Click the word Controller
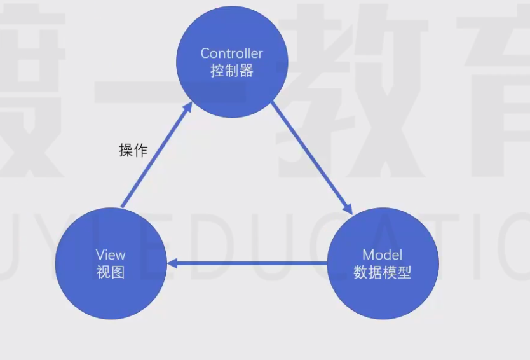(x=232, y=53)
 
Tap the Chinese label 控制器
(x=232, y=71)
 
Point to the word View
(x=111, y=254)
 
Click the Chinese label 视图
(x=111, y=272)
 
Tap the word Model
(x=383, y=255)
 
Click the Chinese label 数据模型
(x=383, y=273)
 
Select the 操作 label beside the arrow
(x=133, y=151)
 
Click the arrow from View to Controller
(x=156, y=156)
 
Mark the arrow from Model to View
(x=248, y=263)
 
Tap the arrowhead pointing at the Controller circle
(x=188, y=107)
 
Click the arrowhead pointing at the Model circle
(x=348, y=209)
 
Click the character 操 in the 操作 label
(x=126, y=151)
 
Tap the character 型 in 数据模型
(x=405, y=273)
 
